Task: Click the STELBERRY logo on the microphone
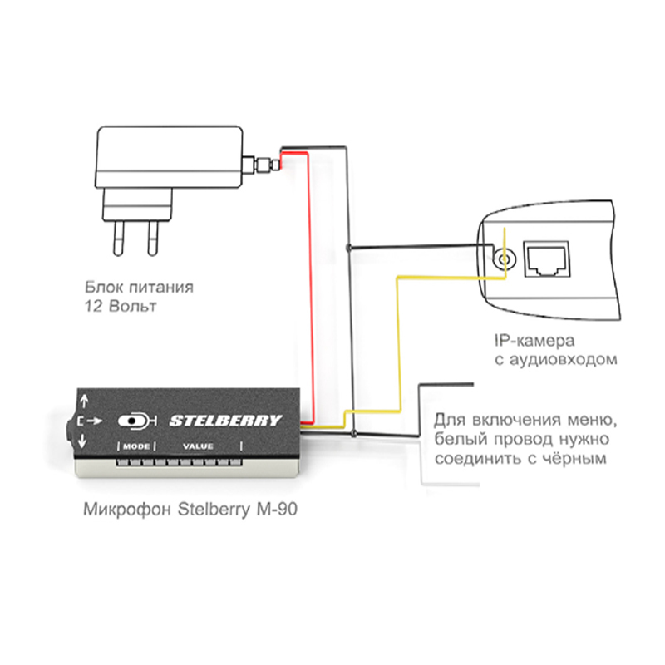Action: click(225, 421)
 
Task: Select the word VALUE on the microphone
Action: click(198, 446)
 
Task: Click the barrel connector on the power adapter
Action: click(261, 164)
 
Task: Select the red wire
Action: click(310, 291)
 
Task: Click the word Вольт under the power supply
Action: click(131, 307)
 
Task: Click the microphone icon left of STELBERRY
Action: click(136, 421)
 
